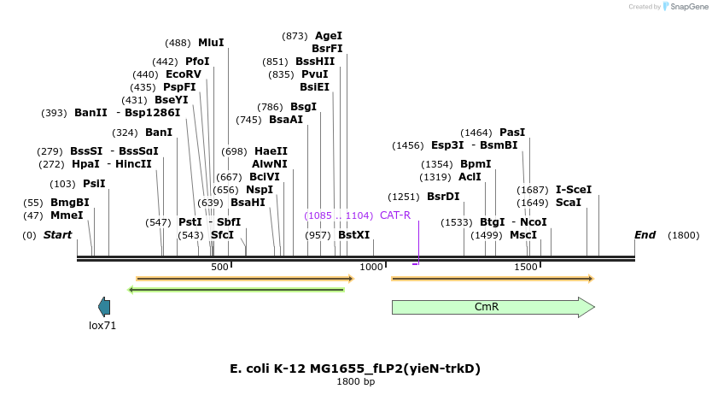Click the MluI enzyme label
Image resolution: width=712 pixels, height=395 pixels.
[x=211, y=42]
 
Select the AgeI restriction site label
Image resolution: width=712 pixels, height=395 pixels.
[x=329, y=36]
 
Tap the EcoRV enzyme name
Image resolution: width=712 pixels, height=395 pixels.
[x=184, y=74]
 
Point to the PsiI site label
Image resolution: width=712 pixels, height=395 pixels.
[x=94, y=183]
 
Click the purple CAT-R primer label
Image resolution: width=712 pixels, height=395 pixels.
[x=395, y=215]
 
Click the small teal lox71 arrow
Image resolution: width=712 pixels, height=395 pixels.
[x=104, y=306]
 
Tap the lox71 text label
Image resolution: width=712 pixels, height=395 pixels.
[x=102, y=326]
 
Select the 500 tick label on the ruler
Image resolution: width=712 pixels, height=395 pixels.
[x=220, y=267]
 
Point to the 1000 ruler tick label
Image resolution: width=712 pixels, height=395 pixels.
[x=371, y=267]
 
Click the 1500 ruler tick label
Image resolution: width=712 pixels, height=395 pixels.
[x=525, y=267]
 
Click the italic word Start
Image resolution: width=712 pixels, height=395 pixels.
[x=58, y=234]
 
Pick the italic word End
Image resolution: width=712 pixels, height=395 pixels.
[x=645, y=234]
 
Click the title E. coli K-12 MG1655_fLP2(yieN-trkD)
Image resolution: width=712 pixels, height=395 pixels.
[x=355, y=368]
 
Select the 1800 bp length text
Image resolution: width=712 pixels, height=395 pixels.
[x=355, y=381]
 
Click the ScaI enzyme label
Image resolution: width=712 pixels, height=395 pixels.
[x=568, y=203]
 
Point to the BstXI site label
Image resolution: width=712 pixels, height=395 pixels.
[x=354, y=234]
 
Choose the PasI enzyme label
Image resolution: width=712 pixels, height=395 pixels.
[x=512, y=133]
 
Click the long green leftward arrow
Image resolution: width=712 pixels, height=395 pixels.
[x=236, y=290]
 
